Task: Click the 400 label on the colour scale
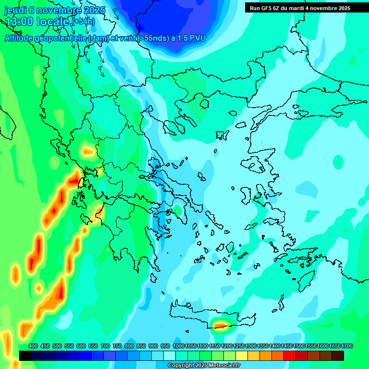pyautogui.click(x=33, y=346)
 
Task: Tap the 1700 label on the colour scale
pyautogui.click(x=347, y=346)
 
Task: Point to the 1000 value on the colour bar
pyautogui.click(x=179, y=346)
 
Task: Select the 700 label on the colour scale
pyautogui.click(x=105, y=346)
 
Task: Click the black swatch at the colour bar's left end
pyautogui.click(x=25, y=356)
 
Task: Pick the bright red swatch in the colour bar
pyautogui.click(x=290, y=356)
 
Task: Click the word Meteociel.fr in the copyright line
pyautogui.click(x=221, y=366)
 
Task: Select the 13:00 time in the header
pyautogui.click(x=19, y=22)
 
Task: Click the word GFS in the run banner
pyautogui.click(x=267, y=8)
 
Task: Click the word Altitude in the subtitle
pyautogui.click(x=19, y=38)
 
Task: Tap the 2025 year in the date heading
pyautogui.click(x=91, y=10)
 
